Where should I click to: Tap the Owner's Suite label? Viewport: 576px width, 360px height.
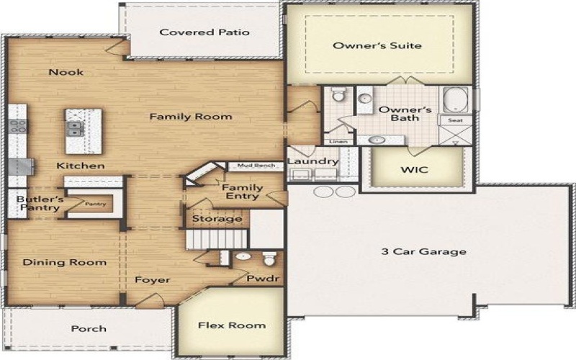pos(377,45)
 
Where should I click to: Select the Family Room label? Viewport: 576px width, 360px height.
pos(190,116)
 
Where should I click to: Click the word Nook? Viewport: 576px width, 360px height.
pos(66,72)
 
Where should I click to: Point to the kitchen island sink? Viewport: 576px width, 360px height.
pos(75,130)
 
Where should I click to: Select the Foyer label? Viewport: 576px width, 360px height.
pos(153,279)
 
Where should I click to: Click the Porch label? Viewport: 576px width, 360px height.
pos(89,329)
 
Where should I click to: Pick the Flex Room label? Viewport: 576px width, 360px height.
pos(232,325)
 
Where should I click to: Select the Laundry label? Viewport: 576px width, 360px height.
pos(312,161)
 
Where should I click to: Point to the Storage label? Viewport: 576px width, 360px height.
pos(217,218)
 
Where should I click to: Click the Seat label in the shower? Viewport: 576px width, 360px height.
pos(455,120)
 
